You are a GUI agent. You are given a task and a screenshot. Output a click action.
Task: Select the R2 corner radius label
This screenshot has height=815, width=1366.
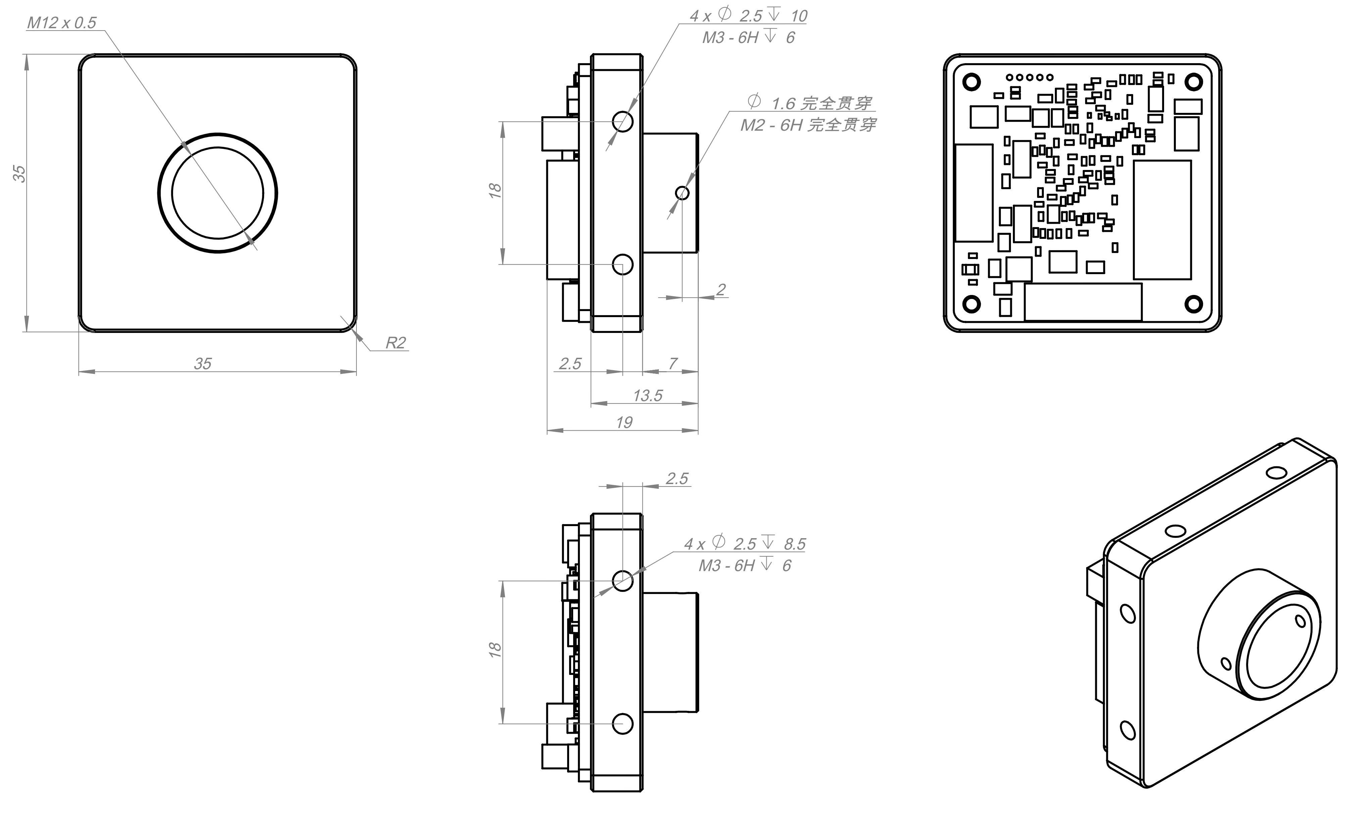pos(395,343)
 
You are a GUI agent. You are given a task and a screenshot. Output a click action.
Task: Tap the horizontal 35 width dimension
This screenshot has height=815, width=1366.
pos(203,363)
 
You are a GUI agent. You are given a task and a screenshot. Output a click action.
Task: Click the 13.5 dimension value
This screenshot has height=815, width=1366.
pos(647,395)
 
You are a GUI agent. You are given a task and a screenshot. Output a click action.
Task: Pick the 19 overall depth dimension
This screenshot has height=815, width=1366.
pos(624,422)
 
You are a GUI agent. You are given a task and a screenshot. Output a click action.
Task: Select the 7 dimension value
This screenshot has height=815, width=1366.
pos(673,363)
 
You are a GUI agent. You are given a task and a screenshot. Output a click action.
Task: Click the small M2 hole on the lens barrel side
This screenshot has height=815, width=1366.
pos(682,193)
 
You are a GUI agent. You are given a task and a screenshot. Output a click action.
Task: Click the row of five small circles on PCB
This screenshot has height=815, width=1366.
pos(1030,78)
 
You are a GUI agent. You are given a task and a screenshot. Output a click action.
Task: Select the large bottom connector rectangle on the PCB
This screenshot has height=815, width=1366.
pos(1083,301)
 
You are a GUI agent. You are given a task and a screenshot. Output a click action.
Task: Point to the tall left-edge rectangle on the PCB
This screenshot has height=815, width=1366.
pos(974,193)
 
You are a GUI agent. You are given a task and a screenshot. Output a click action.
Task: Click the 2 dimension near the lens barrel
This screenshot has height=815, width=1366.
pos(721,290)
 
